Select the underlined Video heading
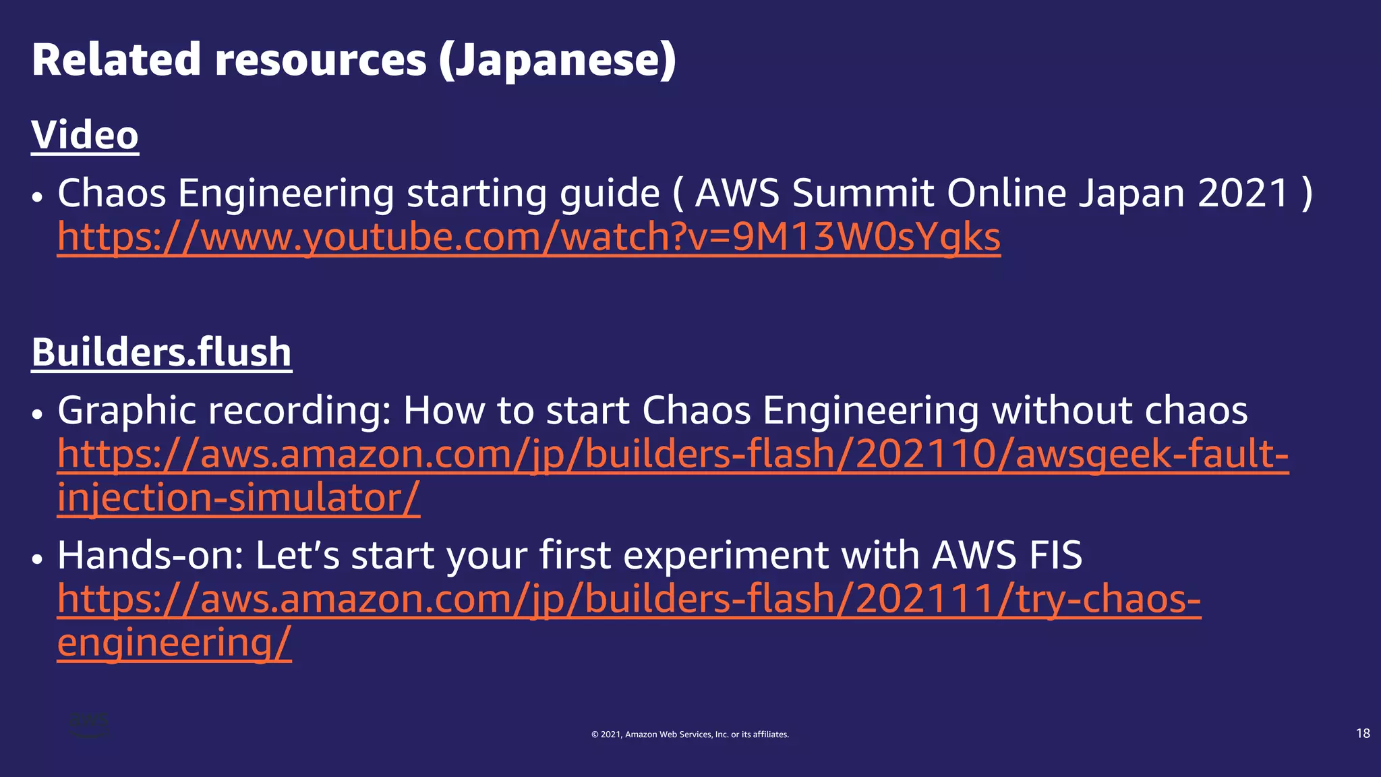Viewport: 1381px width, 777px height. tap(85, 135)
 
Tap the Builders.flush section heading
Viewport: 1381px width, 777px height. tap(161, 352)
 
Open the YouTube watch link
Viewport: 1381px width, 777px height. tap(529, 237)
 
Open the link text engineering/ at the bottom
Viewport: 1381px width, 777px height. tap(174, 643)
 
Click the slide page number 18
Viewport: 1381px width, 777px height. tap(1362, 733)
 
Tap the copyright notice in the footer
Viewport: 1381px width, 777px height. tap(690, 735)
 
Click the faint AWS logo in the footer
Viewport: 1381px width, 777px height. tap(89, 724)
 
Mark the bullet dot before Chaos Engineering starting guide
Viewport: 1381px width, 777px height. tap(38, 198)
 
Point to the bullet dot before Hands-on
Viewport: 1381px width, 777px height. tap(38, 559)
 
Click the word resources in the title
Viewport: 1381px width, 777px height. tap(321, 61)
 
